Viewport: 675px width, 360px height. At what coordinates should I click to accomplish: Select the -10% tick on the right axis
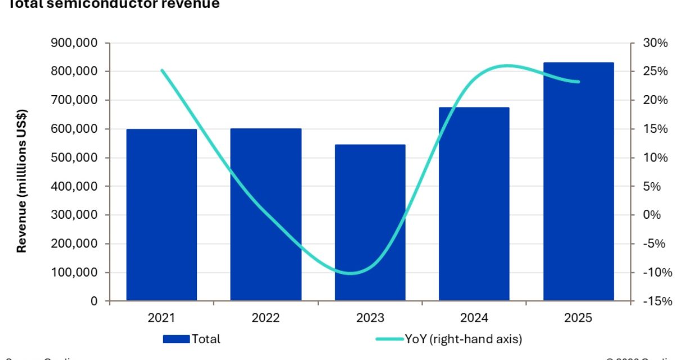pos(655,272)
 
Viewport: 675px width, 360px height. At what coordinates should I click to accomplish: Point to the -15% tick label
pos(655,301)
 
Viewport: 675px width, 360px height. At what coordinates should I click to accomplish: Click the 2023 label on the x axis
pos(370,318)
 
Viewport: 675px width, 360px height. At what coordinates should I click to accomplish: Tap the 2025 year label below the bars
pos(578,318)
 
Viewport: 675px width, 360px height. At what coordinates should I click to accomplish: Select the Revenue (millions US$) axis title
pos(22,180)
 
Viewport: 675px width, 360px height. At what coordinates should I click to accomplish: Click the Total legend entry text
pos(206,339)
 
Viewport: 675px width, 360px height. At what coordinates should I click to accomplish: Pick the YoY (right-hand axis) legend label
pos(463,339)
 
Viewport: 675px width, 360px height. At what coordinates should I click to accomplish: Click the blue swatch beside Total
pos(176,339)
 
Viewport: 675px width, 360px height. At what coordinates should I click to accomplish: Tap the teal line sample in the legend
pos(389,339)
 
